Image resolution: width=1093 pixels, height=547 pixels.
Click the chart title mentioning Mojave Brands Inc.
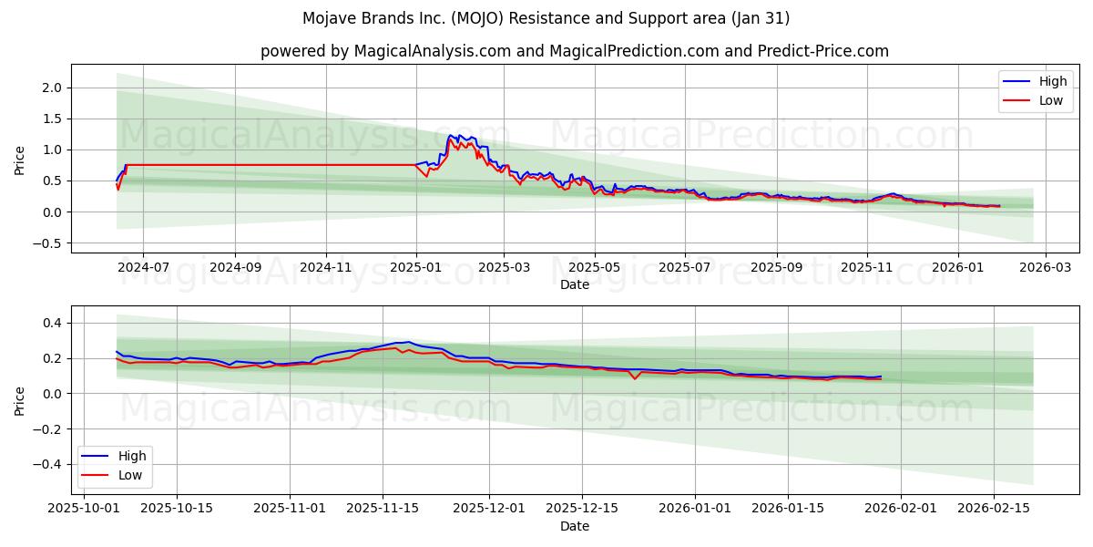click(546, 18)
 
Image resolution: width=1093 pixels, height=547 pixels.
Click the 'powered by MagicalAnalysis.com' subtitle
click(574, 51)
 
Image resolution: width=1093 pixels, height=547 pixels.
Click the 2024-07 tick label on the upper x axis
click(143, 268)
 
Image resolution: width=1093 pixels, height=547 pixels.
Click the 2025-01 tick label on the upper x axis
click(416, 268)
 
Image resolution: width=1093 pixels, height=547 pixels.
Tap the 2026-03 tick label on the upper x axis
click(1045, 268)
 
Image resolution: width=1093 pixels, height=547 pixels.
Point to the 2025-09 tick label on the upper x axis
click(776, 268)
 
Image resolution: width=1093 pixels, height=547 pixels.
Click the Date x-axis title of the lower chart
click(574, 526)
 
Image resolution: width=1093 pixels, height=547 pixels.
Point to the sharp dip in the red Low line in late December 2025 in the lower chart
click(635, 378)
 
